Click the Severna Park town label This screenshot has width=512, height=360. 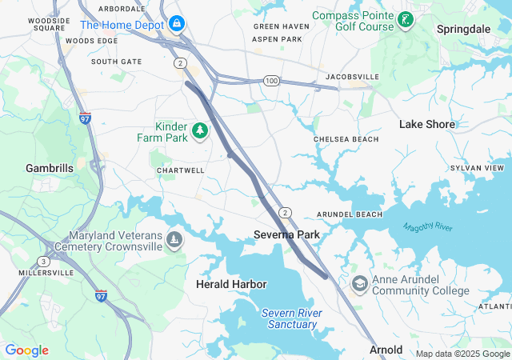(286, 234)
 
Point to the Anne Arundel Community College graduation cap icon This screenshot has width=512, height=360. (360, 284)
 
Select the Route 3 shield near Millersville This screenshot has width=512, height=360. (42, 262)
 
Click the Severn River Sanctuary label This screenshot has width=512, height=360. (292, 318)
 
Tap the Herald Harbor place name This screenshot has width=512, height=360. (231, 284)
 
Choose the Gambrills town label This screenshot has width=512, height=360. (50, 168)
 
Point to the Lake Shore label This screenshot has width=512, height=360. (427, 124)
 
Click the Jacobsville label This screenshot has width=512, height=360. (353, 77)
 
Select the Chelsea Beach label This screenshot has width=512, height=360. (346, 139)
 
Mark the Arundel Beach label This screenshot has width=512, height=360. (350, 214)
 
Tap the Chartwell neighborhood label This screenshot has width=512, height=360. (181, 170)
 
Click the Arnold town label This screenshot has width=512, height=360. (386, 350)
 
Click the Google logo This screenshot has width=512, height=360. (26, 350)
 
